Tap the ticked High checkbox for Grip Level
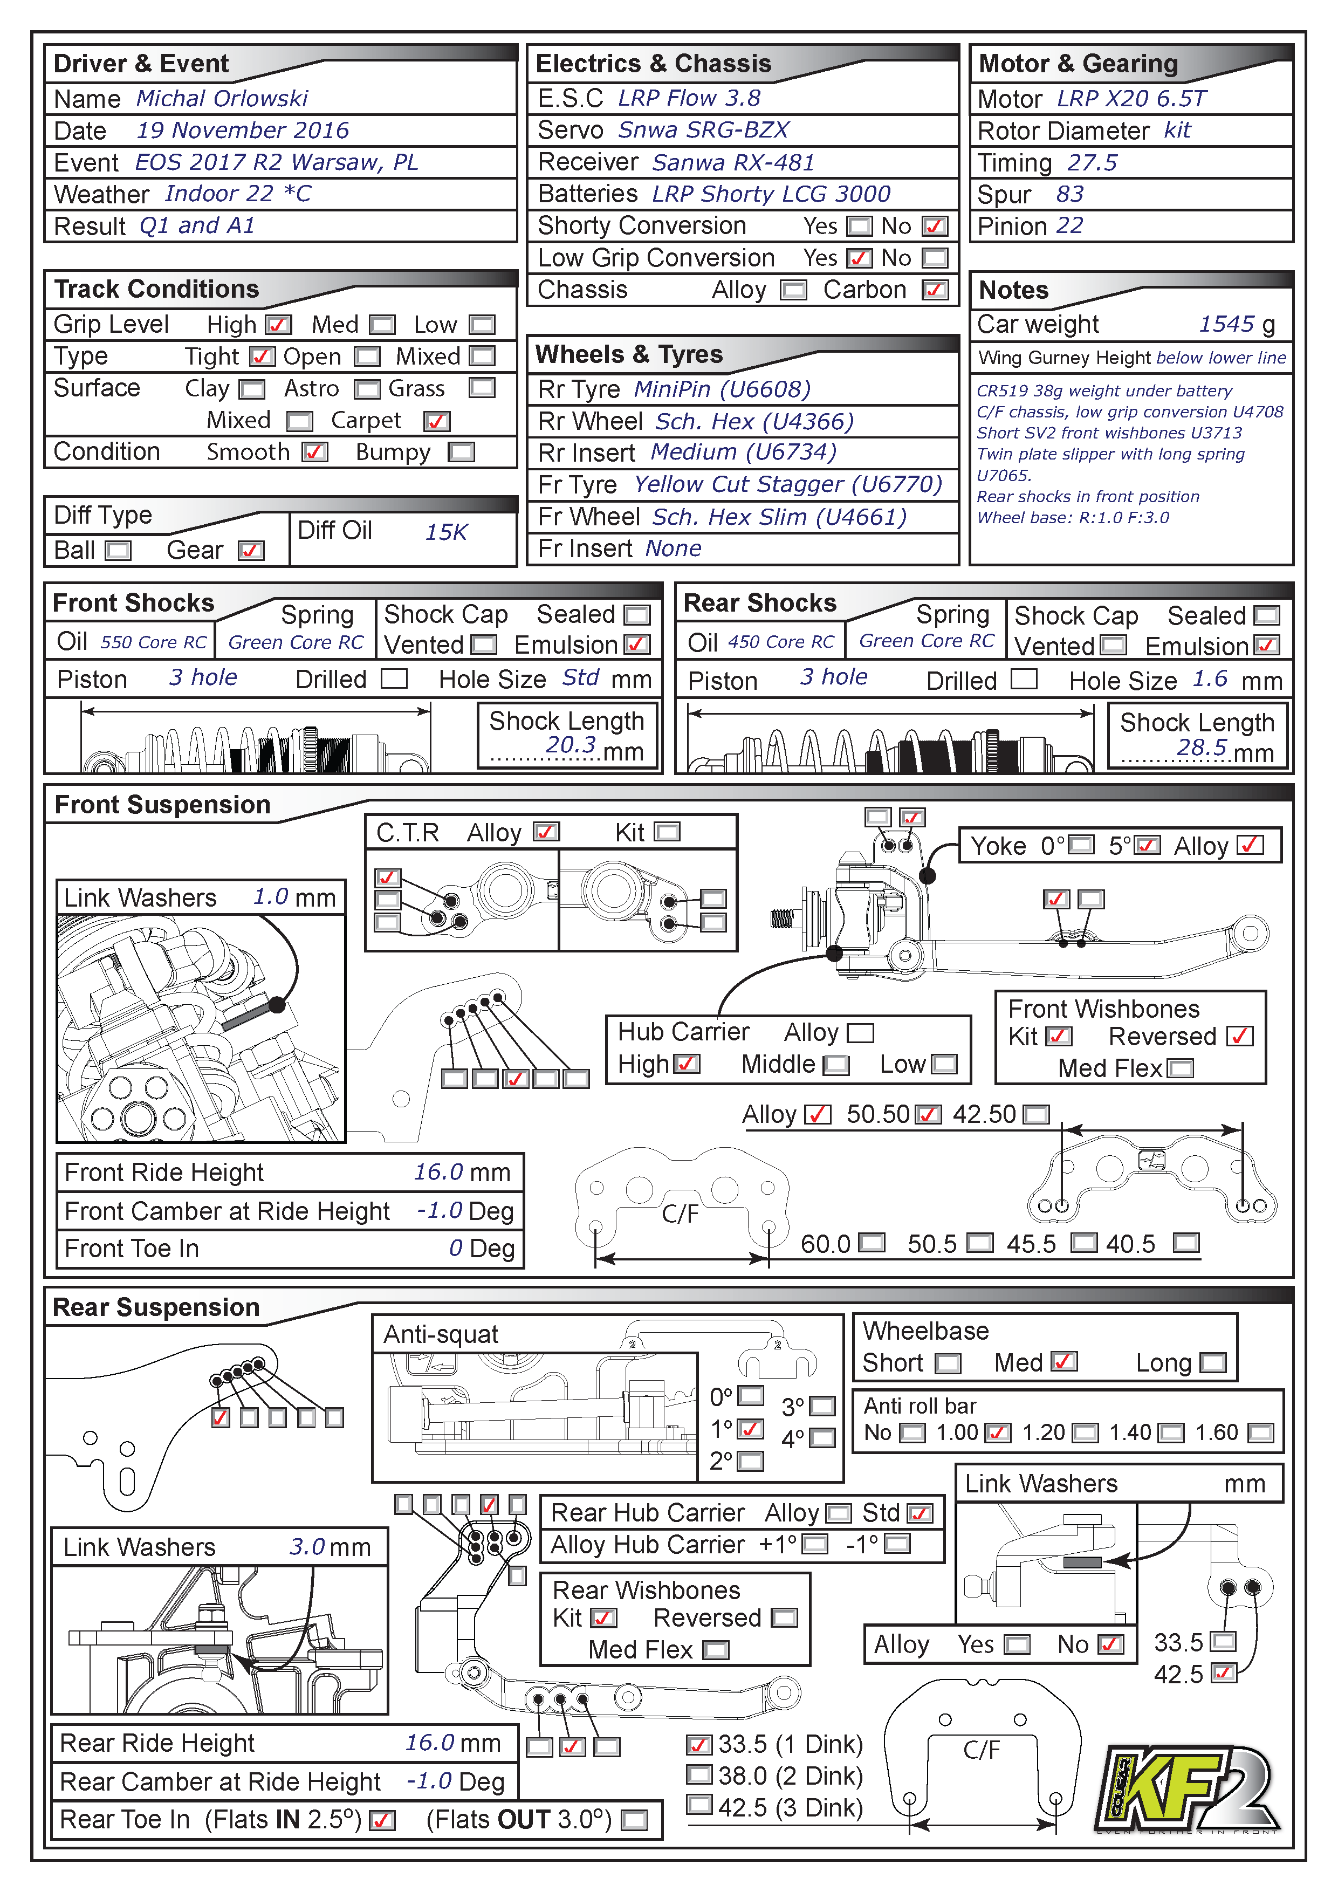pyautogui.click(x=278, y=325)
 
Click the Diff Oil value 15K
pyautogui.click(x=445, y=532)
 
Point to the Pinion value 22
pyautogui.click(x=1069, y=226)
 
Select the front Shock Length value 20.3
pyautogui.click(x=570, y=745)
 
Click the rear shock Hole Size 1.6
pyautogui.click(x=1210, y=679)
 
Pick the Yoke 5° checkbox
pyautogui.click(x=1148, y=846)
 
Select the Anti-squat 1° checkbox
pyautogui.click(x=750, y=1429)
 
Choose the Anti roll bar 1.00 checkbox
pyautogui.click(x=997, y=1433)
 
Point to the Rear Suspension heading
pyautogui.click(x=156, y=1308)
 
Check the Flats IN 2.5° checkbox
pyautogui.click(x=382, y=1820)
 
